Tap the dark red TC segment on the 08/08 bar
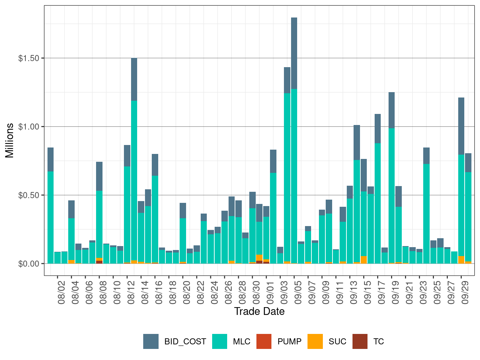tap(99, 262)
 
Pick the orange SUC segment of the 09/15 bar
tap(364, 260)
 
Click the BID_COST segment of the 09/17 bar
tap(377, 129)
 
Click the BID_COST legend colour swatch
tap(151, 341)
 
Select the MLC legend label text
tap(241, 341)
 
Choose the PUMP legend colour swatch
tap(264, 341)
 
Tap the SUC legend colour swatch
tap(315, 341)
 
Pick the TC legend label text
tap(379, 341)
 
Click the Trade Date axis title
tap(259, 311)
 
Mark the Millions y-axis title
tap(10, 140)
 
